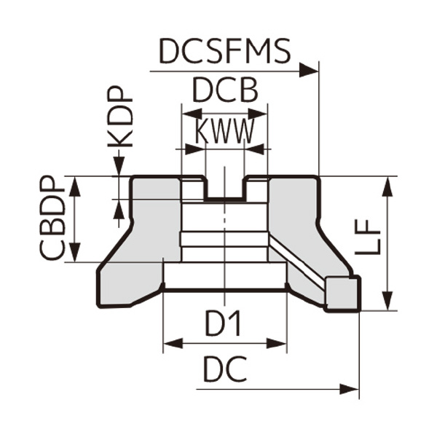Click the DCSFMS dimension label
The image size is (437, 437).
225,52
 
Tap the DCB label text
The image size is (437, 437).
224,91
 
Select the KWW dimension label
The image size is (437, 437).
224,132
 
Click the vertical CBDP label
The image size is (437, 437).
52,219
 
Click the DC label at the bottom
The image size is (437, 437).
224,371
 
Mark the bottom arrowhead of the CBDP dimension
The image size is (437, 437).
73,253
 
